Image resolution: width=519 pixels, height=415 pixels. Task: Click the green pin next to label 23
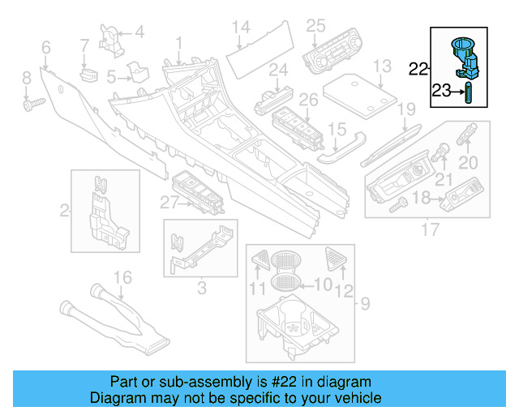[468, 93]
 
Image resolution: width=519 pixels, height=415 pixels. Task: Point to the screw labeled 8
[34, 104]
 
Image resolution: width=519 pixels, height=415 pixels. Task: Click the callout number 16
[122, 278]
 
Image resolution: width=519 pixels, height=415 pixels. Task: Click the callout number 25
[315, 26]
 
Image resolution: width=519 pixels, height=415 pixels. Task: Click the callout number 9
[364, 306]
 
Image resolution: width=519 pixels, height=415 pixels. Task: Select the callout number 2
[65, 212]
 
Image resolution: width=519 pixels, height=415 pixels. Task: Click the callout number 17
[426, 229]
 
